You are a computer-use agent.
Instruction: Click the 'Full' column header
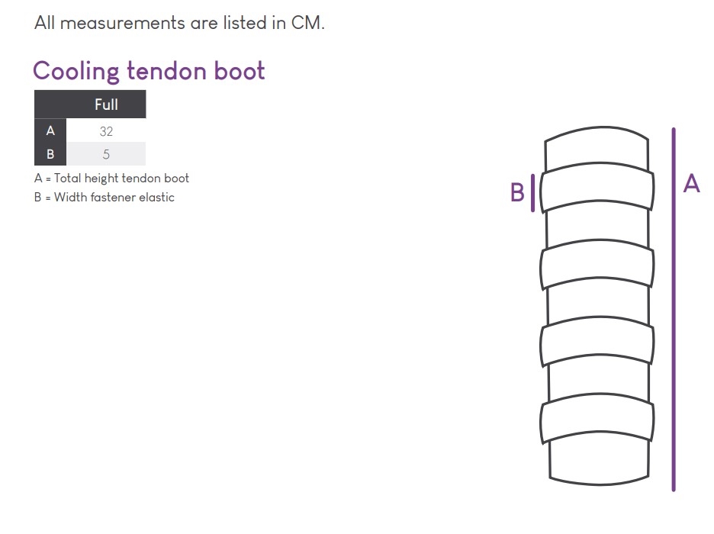tap(106, 105)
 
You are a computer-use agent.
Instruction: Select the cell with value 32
tap(106, 131)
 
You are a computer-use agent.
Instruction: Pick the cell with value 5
tap(106, 154)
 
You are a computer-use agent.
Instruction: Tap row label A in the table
tap(50, 131)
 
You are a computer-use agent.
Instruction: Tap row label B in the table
tap(50, 154)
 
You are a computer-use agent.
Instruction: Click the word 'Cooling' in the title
tap(76, 72)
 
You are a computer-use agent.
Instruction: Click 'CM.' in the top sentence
tap(308, 23)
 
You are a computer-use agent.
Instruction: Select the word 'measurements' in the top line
tap(123, 23)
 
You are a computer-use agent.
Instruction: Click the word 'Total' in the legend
tap(68, 179)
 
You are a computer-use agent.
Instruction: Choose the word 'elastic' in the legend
tap(156, 198)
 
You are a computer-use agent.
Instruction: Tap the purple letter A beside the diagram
tap(691, 184)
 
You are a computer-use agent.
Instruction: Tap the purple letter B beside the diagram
tap(517, 193)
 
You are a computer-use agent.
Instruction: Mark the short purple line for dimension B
tap(532, 193)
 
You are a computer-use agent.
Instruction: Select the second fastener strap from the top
tap(597, 268)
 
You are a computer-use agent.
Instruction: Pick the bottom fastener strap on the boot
tap(597, 421)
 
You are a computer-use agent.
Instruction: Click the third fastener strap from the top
tap(597, 345)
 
